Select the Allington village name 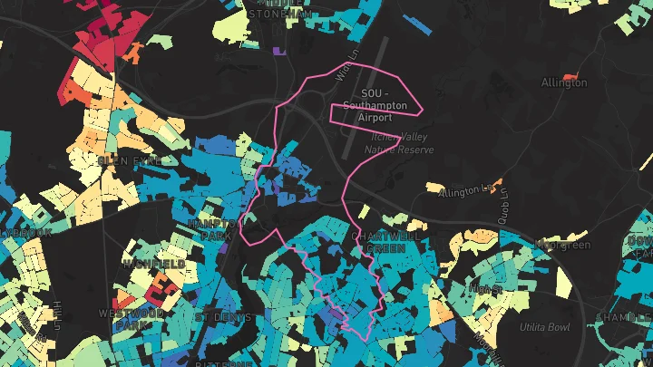564,82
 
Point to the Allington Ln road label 469,190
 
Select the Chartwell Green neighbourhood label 379,241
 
